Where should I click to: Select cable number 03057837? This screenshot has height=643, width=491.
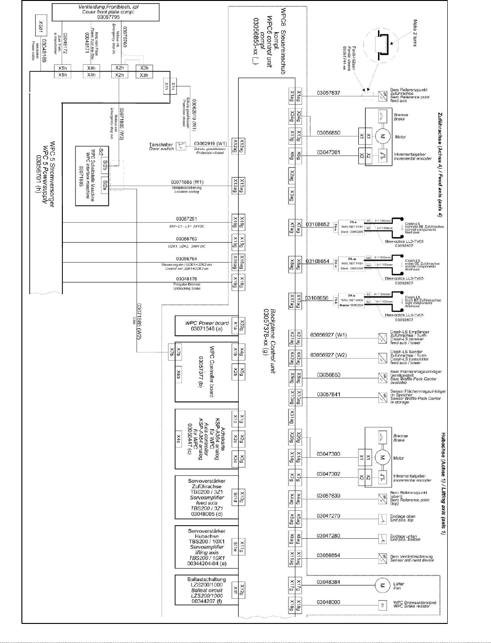(x=329, y=93)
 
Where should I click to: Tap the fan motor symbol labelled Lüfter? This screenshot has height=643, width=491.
(x=382, y=585)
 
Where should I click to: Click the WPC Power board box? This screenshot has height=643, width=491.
(x=206, y=326)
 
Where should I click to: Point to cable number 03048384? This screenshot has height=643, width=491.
(x=329, y=582)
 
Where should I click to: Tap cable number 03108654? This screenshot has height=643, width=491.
(x=318, y=261)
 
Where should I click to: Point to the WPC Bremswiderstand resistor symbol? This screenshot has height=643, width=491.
(x=382, y=605)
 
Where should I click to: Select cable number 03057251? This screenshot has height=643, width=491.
(x=187, y=218)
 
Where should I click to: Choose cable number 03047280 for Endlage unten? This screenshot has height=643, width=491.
(x=329, y=536)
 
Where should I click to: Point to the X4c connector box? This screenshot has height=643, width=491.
(x=179, y=439)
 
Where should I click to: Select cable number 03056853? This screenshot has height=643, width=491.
(x=329, y=375)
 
